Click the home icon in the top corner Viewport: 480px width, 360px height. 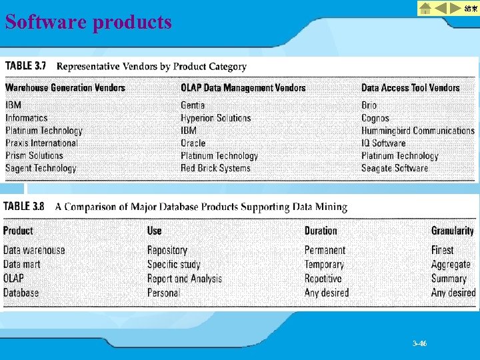point(425,8)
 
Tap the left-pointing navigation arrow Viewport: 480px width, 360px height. point(441,8)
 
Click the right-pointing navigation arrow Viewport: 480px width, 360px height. point(455,8)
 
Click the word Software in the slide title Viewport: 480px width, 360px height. point(46,22)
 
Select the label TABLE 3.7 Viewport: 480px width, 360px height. point(27,66)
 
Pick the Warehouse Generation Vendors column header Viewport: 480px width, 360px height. point(65,87)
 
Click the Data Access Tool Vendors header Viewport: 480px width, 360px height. point(410,87)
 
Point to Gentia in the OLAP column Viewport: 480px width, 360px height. point(193,105)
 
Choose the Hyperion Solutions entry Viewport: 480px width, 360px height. point(215,118)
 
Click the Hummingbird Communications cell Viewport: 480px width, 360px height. point(417,131)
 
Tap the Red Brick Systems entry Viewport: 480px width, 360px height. point(215,168)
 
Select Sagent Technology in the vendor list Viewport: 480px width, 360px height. point(41,168)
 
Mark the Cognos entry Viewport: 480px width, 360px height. point(375,118)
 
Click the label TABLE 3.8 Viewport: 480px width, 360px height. point(25,207)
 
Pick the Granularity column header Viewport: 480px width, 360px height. point(452,231)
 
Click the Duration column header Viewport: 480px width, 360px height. point(321,231)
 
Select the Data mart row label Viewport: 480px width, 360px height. point(21,265)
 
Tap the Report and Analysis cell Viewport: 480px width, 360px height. point(184,279)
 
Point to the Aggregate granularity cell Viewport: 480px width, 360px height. point(450,265)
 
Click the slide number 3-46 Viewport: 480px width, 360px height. point(419,344)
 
